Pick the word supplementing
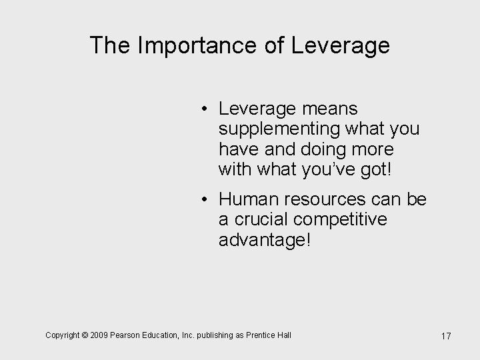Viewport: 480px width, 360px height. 274,128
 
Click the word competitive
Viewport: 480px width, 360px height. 345,219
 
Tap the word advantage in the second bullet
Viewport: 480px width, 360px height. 264,240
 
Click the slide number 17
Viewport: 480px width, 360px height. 445,336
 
